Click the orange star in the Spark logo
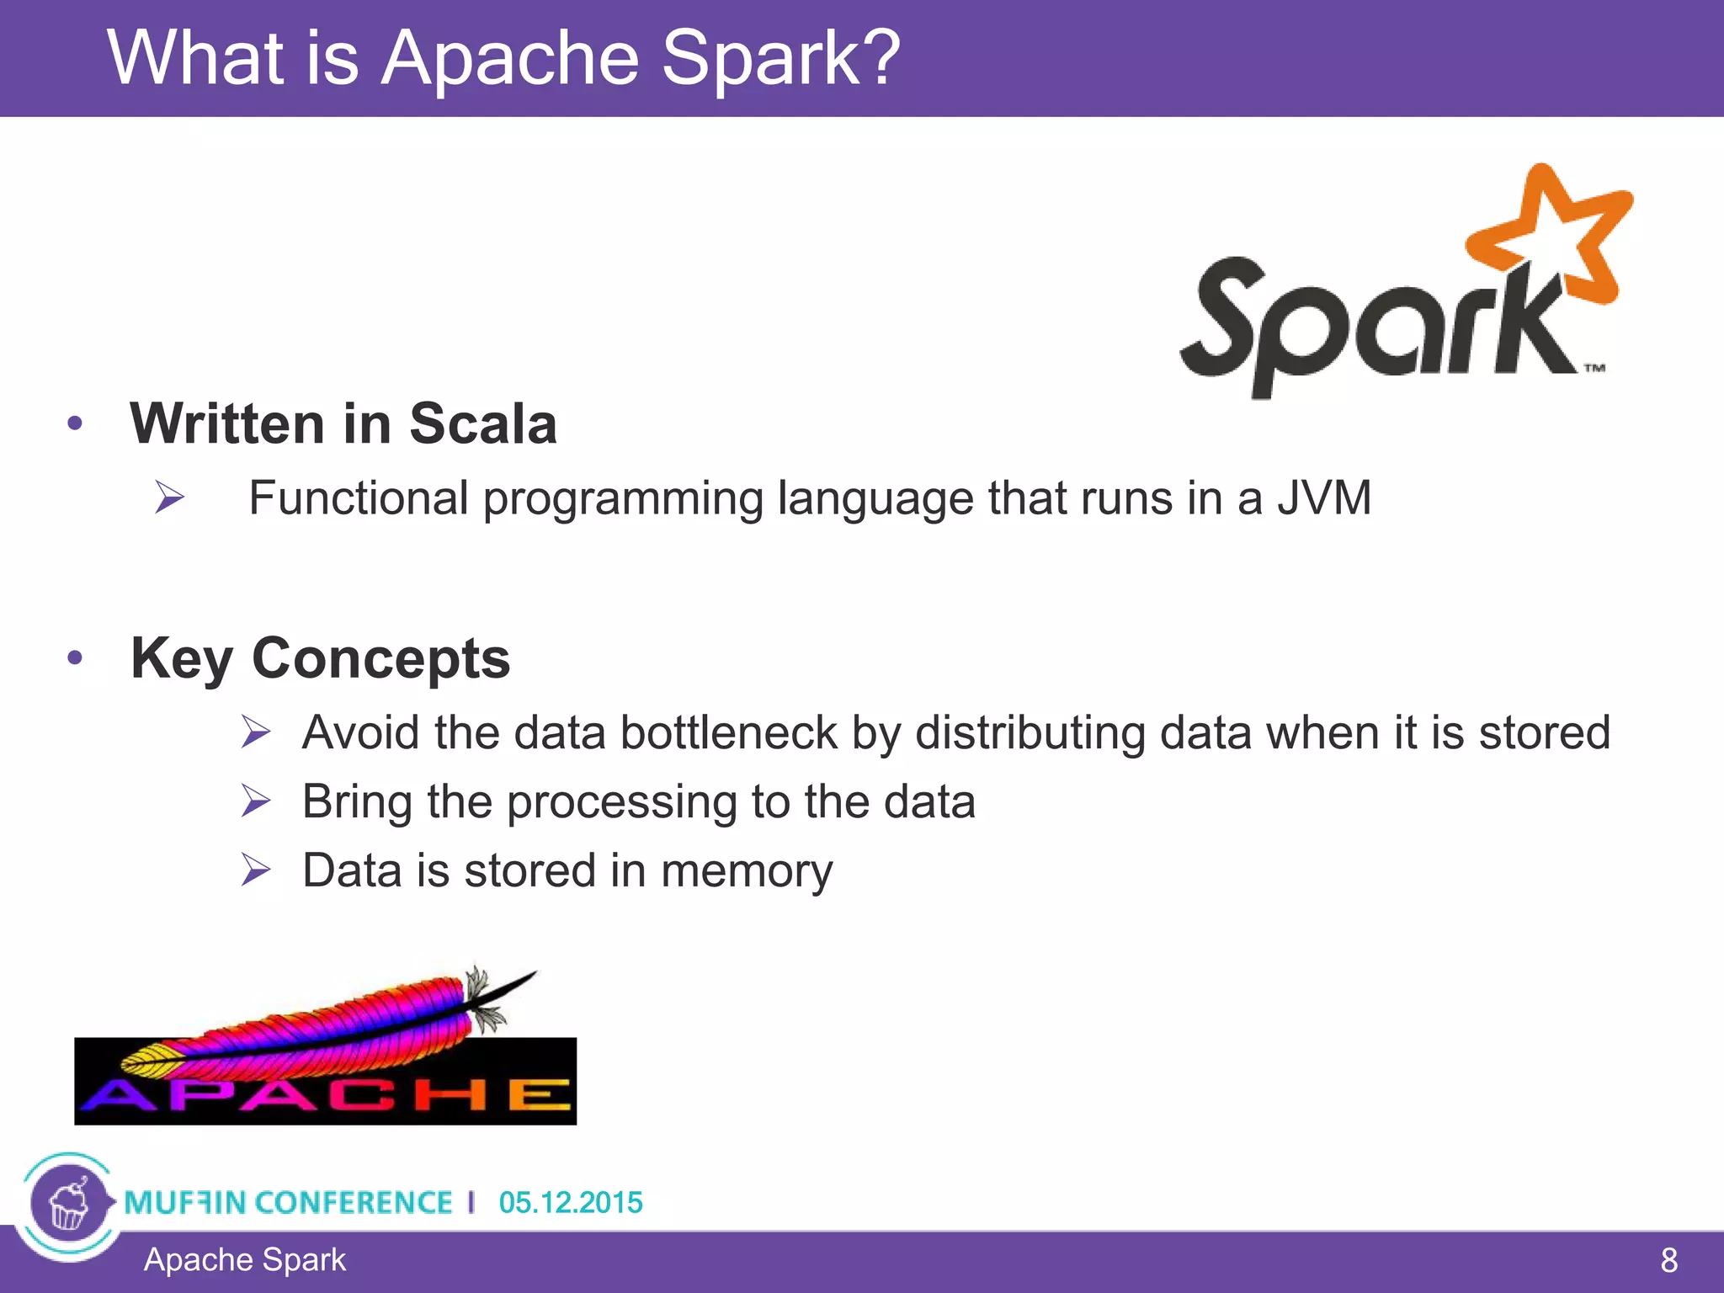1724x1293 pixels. (1553, 240)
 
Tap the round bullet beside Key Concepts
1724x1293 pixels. (76, 657)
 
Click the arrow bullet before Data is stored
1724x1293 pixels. (255, 870)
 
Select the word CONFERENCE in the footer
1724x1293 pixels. (354, 1202)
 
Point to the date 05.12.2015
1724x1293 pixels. (570, 1202)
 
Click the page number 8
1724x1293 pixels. (1668, 1260)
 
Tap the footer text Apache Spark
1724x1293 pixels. (244, 1260)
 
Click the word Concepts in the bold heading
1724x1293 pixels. (380, 657)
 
